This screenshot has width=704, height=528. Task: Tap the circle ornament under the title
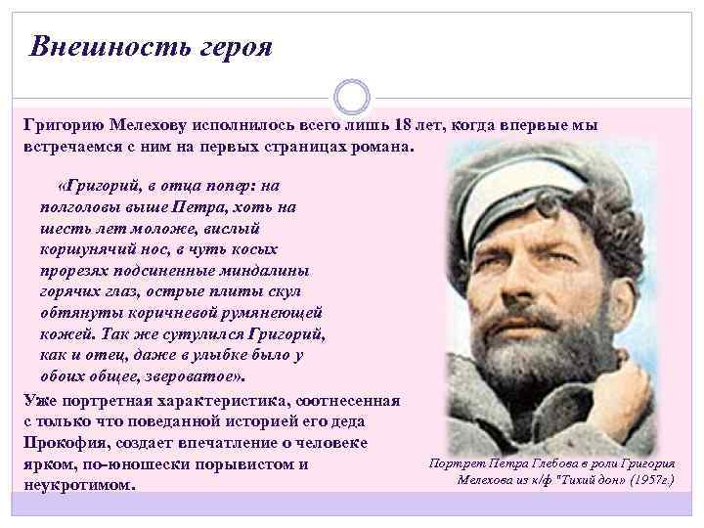coord(351,97)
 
